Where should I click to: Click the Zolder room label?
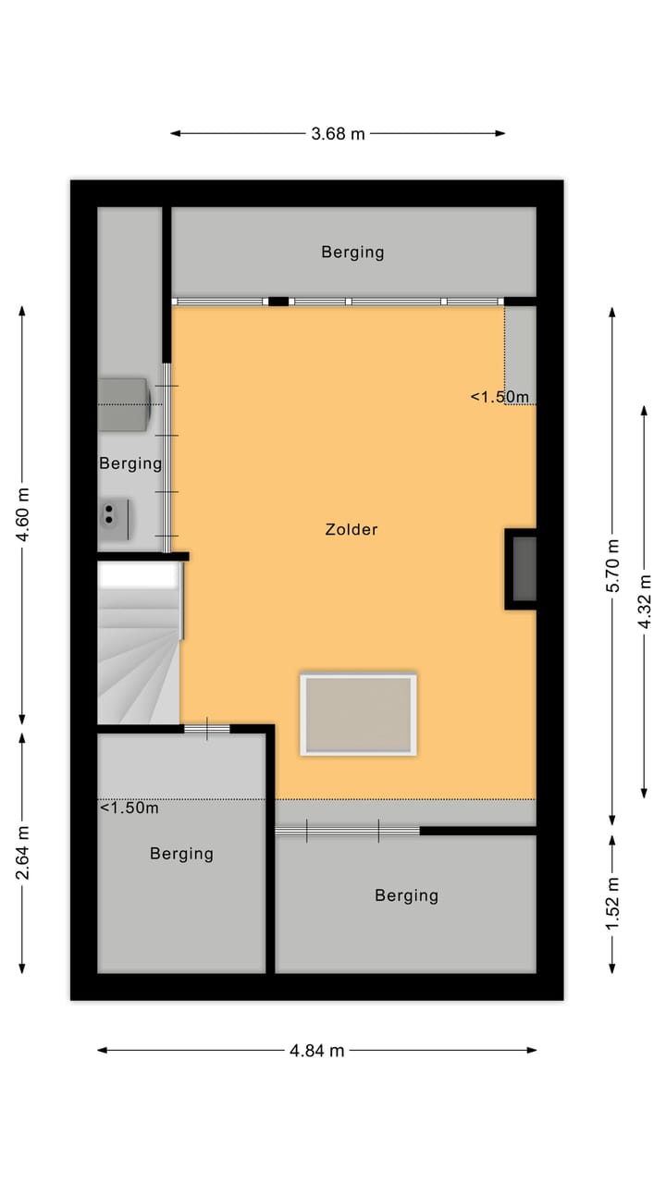351,530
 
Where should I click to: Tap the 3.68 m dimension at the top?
338,133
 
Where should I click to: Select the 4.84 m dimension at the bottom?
316,1050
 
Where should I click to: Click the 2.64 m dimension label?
23,852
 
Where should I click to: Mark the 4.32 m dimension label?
645,601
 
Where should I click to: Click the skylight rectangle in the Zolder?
358,715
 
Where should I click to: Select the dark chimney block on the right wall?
523,569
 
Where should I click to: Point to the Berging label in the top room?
352,252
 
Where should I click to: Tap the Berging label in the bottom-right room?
406,895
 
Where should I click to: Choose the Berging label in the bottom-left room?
181,854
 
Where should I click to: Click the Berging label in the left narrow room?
130,463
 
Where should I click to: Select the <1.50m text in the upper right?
499,397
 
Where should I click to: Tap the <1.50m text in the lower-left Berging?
129,808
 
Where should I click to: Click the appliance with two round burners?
115,519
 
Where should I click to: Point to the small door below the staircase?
206,729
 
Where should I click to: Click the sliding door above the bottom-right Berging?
347,832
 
